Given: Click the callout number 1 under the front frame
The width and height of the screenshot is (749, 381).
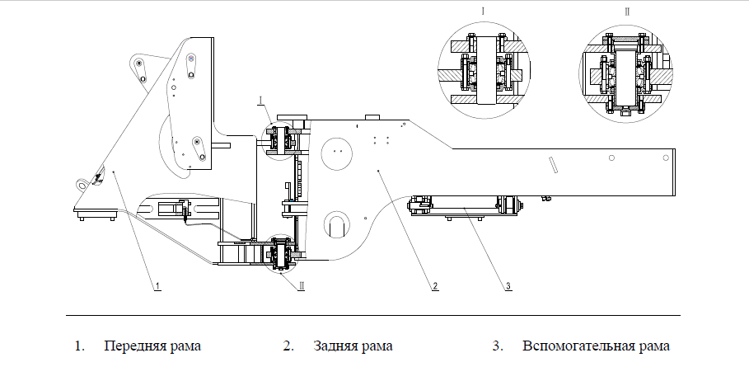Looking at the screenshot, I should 157,286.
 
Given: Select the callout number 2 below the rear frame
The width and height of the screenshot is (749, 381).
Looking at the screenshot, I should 435,286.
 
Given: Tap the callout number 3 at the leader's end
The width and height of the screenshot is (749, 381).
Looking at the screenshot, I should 508,286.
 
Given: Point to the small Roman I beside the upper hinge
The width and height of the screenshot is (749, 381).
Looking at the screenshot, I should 260,101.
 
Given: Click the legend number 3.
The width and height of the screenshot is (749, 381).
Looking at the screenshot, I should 497,346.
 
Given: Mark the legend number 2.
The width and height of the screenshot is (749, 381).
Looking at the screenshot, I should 288,346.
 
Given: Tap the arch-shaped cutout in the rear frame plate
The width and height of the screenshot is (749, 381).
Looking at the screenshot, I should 336,223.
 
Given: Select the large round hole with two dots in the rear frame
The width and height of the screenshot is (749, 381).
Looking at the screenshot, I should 336,152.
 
